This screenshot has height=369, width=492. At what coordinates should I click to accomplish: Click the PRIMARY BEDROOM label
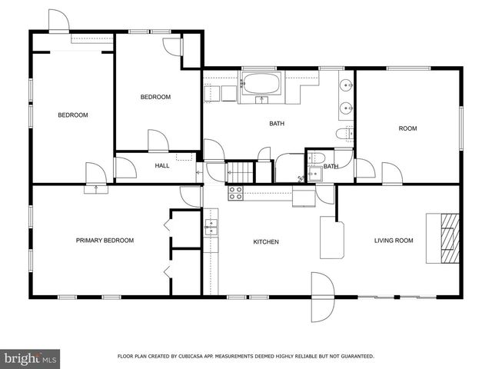(x=105, y=241)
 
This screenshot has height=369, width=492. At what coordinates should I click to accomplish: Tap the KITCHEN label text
(x=266, y=242)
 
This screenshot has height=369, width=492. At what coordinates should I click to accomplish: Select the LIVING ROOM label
(x=394, y=241)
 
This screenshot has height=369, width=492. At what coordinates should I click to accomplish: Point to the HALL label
(x=162, y=165)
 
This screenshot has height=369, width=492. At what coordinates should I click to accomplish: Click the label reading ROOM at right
(x=407, y=128)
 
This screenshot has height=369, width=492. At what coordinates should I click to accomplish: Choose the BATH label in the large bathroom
(x=277, y=123)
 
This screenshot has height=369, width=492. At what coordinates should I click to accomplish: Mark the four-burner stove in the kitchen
(x=235, y=192)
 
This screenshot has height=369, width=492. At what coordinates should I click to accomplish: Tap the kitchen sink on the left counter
(x=211, y=226)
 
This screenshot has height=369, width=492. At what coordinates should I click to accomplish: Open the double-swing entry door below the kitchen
(x=321, y=298)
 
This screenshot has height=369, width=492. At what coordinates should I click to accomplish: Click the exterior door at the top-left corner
(x=58, y=21)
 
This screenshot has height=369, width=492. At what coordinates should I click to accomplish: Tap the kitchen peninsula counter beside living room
(x=331, y=239)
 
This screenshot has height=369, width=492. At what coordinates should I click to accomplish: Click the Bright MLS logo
(x=31, y=357)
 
